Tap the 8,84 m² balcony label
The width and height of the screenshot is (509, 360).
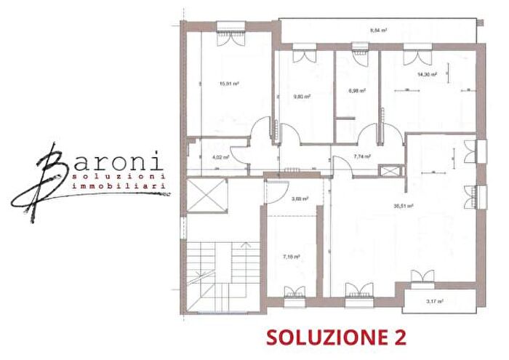tap(378, 31)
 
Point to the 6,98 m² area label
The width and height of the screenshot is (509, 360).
tap(356, 91)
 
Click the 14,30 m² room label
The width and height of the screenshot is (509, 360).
tap(426, 74)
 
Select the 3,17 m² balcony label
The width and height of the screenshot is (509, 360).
tap(436, 301)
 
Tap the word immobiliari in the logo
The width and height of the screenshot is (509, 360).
tap(121, 187)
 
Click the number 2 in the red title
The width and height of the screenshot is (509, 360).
tap(398, 337)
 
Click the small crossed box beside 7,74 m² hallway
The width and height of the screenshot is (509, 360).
tap(391, 172)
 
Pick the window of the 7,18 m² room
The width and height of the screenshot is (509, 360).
tap(294, 292)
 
